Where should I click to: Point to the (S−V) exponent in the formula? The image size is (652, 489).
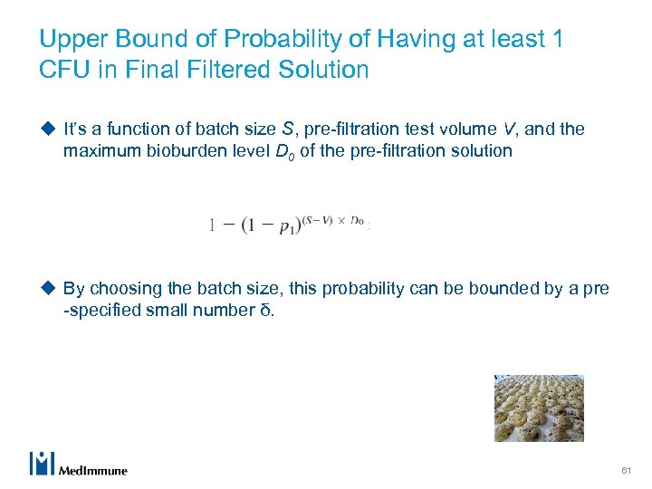320,219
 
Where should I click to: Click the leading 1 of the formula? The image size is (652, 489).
212,225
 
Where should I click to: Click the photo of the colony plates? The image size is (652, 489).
539,407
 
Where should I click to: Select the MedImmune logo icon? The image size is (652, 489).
43,463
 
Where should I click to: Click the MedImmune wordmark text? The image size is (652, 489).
92,470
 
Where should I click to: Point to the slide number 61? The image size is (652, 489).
626,471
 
